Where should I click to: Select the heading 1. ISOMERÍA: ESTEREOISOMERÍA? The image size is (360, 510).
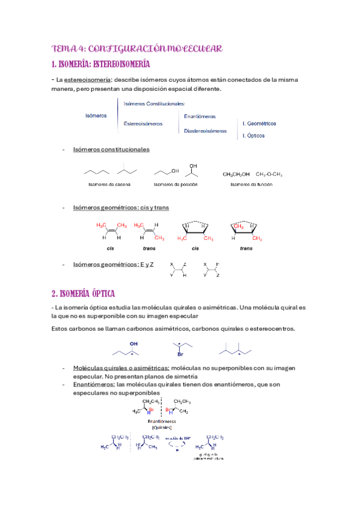101,64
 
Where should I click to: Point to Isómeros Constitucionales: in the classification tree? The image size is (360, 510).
154,103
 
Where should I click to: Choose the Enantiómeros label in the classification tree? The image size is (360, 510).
200,116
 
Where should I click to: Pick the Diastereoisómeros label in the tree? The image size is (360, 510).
206,130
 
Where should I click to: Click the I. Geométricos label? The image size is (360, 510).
259,123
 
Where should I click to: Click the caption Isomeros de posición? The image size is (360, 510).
175,184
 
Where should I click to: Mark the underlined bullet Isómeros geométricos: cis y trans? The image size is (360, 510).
121,207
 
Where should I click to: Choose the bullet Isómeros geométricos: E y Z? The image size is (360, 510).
113,264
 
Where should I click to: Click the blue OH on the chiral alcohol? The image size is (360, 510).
133,345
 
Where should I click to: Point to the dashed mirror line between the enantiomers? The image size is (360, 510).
161,409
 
